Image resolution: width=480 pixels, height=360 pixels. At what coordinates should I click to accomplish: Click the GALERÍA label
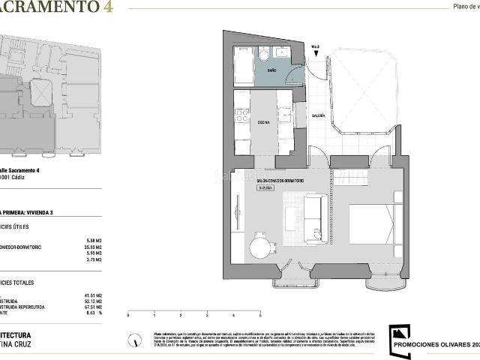pyautogui.click(x=318, y=115)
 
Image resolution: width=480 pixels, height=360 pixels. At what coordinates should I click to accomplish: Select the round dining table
pyautogui.click(x=260, y=244)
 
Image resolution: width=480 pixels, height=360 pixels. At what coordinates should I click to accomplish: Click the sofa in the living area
pyautogui.click(x=313, y=219)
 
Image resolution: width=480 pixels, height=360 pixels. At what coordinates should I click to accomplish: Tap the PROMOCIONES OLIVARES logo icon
pyautogui.click(x=400, y=334)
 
